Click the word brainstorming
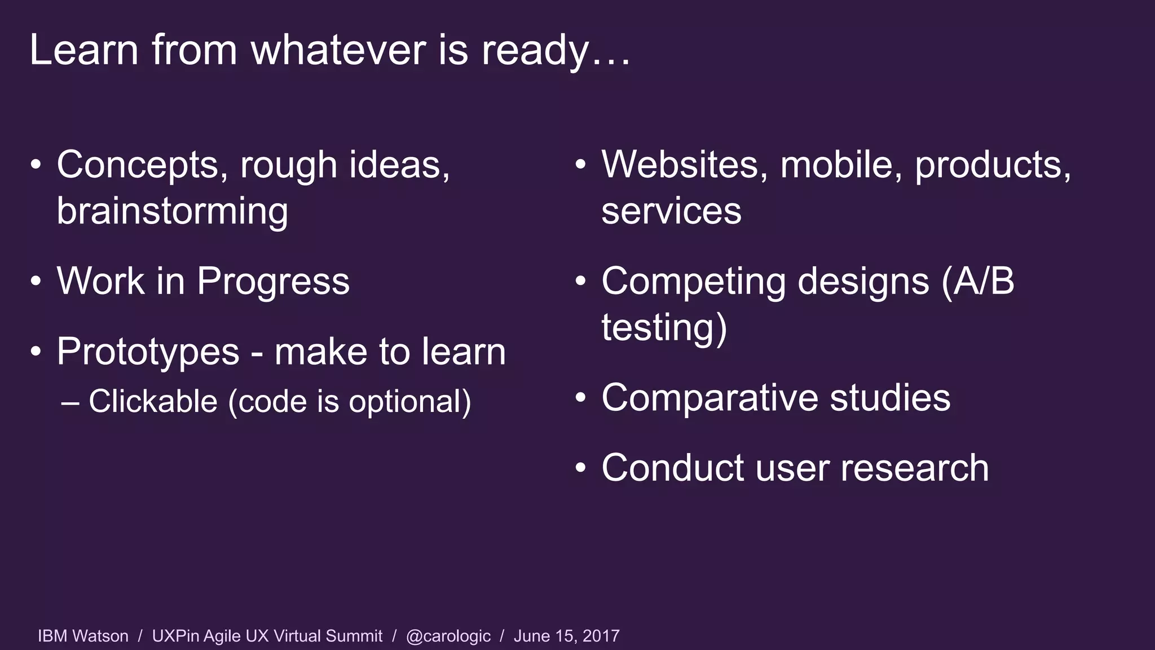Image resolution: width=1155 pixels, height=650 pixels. click(173, 211)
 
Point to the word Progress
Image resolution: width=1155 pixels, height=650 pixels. click(273, 281)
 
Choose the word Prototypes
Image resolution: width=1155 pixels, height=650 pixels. click(148, 352)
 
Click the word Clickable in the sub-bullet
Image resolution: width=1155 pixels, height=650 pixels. click(153, 401)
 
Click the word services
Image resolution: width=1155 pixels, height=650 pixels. click(671, 211)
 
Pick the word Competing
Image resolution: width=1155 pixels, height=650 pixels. click(693, 281)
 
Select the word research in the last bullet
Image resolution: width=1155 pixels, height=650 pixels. click(914, 468)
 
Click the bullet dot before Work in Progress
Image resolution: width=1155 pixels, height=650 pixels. click(36, 281)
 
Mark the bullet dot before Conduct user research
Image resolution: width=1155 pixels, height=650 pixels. click(581, 468)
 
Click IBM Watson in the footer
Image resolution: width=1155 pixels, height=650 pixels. click(83, 636)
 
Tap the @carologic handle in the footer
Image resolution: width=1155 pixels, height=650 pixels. click(448, 636)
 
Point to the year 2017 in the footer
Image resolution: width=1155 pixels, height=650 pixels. click(601, 636)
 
